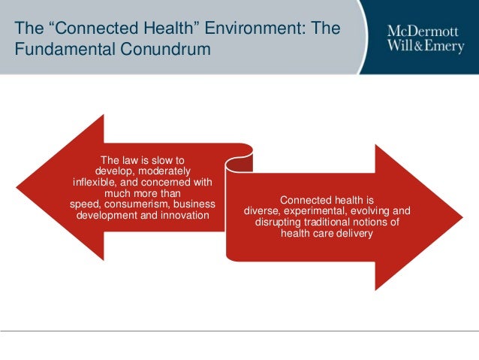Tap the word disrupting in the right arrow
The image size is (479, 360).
(x=279, y=222)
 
